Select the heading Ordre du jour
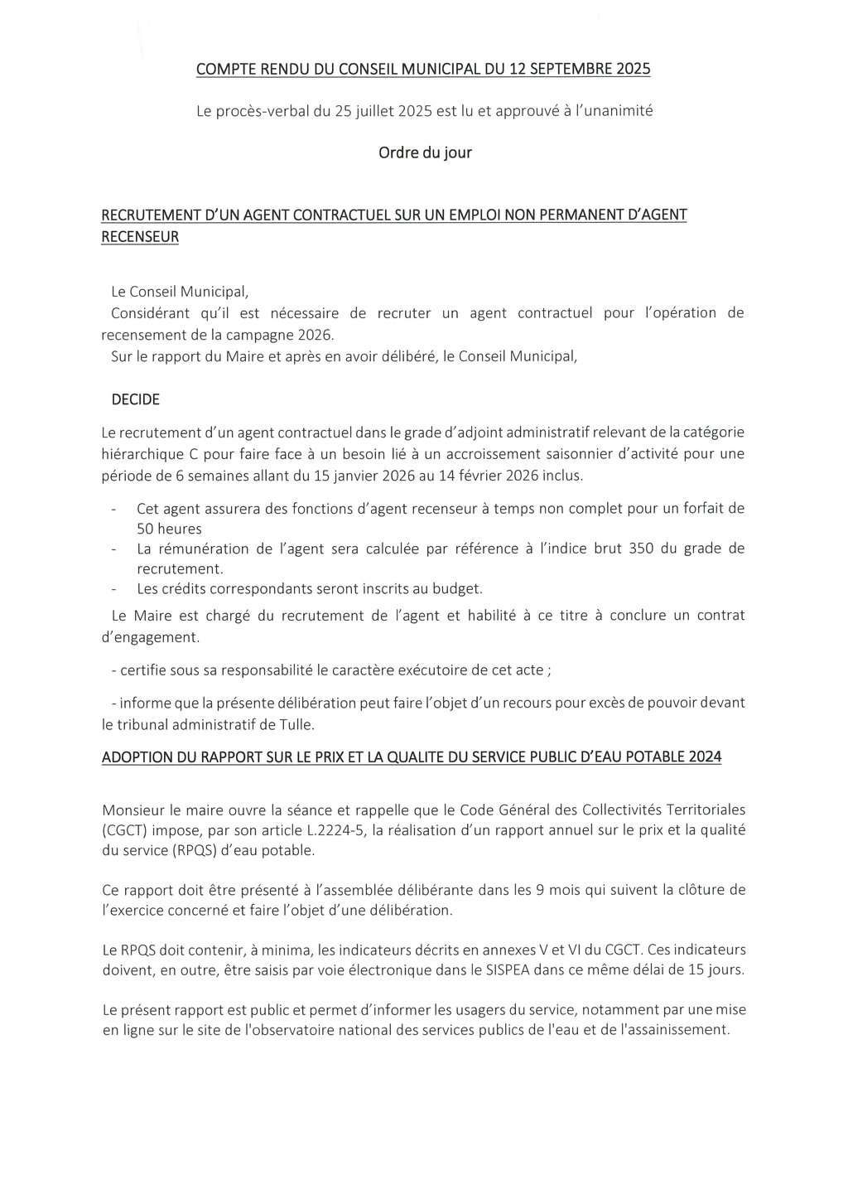tap(425, 153)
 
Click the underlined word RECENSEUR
tap(140, 237)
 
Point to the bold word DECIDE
tap(136, 399)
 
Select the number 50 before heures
tap(146, 528)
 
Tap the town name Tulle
tap(297, 724)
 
